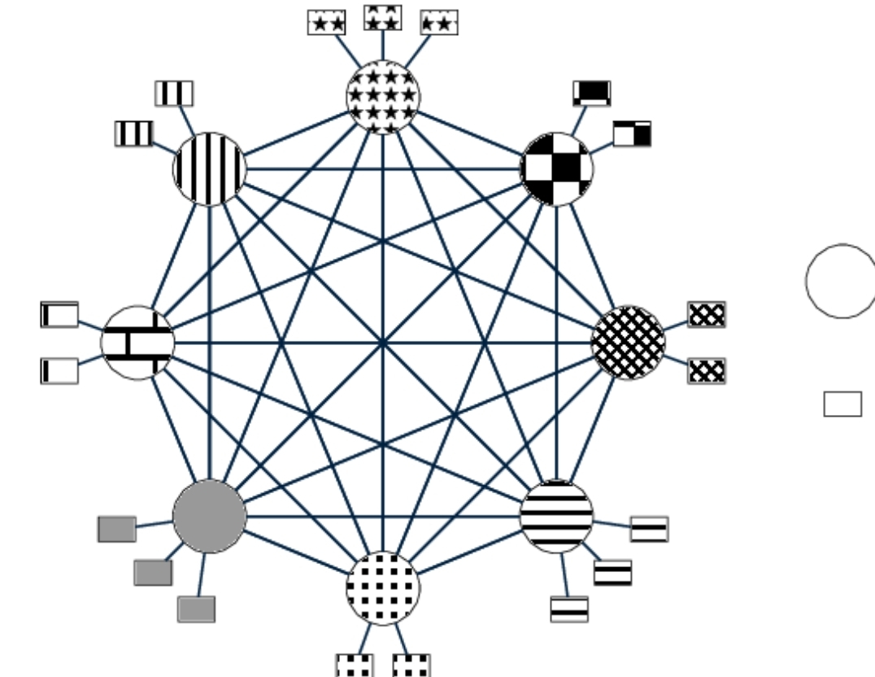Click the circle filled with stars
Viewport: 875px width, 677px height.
(383, 96)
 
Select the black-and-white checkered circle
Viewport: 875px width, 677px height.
(557, 169)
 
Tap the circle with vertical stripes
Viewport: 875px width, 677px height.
(209, 169)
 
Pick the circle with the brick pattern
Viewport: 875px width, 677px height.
(138, 343)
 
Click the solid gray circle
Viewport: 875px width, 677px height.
(209, 516)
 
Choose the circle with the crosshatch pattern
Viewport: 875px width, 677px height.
(628, 343)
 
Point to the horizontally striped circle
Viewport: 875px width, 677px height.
(557, 516)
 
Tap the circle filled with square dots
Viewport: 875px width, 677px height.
(383, 587)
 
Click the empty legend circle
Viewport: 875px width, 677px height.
(841, 281)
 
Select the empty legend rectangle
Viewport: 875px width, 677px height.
(842, 404)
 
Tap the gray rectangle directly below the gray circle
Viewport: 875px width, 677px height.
(196, 609)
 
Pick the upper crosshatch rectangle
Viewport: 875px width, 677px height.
(706, 314)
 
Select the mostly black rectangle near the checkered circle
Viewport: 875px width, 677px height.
(591, 93)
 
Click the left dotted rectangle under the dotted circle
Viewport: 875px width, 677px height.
(355, 665)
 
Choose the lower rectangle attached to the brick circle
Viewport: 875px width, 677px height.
(59, 370)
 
